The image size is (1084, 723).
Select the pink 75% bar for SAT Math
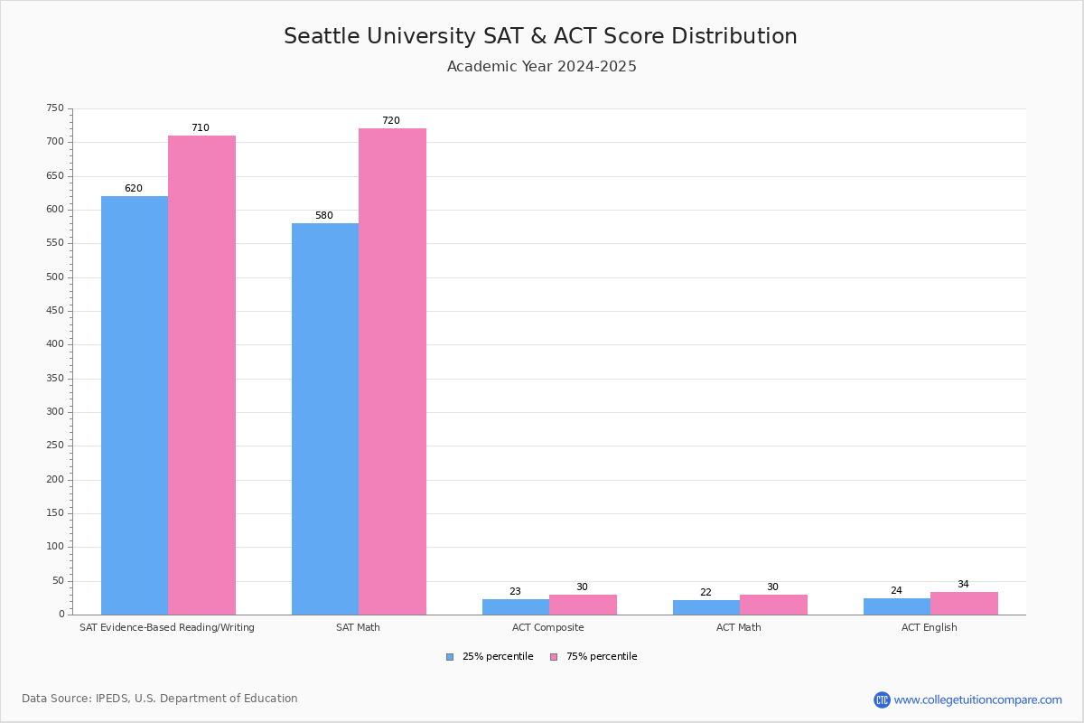point(392,371)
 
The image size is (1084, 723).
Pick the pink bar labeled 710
point(201,375)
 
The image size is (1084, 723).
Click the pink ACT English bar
point(964,604)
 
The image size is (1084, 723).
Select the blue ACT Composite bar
point(516,607)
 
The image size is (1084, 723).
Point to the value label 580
point(324,216)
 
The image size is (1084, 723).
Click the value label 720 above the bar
point(391,121)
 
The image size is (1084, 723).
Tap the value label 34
point(963,585)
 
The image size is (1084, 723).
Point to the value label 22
point(706,593)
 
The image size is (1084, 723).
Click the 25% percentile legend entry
point(490,657)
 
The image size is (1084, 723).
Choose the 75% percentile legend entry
point(593,657)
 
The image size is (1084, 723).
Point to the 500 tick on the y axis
point(56,277)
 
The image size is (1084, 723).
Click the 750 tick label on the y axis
point(56,108)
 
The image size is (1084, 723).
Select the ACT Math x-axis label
point(739,627)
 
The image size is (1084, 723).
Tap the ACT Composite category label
point(548,627)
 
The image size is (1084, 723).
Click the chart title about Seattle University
point(540,37)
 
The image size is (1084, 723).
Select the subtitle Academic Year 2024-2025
point(541,67)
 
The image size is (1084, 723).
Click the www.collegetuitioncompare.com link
point(977,700)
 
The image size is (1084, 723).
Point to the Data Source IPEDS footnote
point(160,699)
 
